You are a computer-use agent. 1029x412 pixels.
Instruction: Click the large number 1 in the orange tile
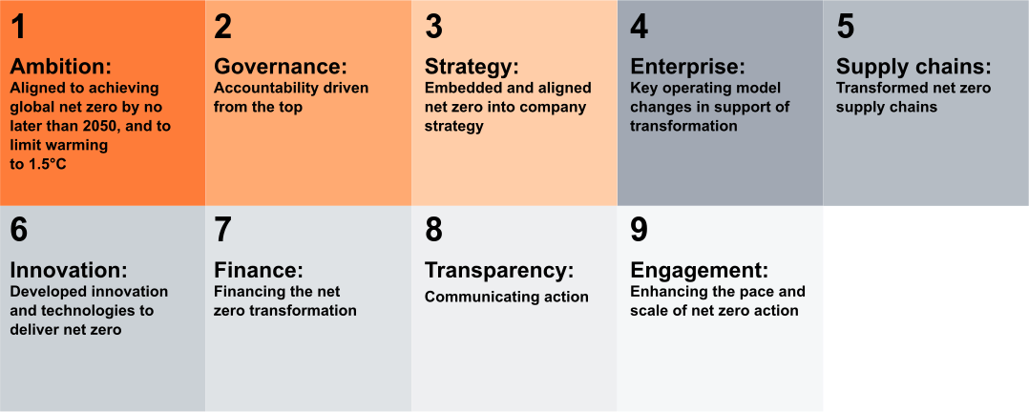point(19,27)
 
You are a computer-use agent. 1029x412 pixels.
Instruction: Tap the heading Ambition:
point(61,67)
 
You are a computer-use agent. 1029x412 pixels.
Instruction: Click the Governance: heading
point(281,67)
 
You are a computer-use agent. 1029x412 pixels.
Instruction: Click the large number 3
point(433,27)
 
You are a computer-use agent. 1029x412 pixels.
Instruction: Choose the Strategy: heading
point(472,68)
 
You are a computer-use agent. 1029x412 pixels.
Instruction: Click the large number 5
point(846,27)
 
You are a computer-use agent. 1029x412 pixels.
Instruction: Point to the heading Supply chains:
point(913,68)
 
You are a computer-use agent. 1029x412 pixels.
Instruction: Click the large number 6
point(19,230)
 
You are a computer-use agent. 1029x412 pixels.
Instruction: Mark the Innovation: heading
point(69,270)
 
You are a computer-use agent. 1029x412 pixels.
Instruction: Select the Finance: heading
point(260,270)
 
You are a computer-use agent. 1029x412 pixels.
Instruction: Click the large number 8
point(433,230)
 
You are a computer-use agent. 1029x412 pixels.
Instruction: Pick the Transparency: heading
point(499,271)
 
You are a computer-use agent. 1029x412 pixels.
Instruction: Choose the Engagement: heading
point(700,271)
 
